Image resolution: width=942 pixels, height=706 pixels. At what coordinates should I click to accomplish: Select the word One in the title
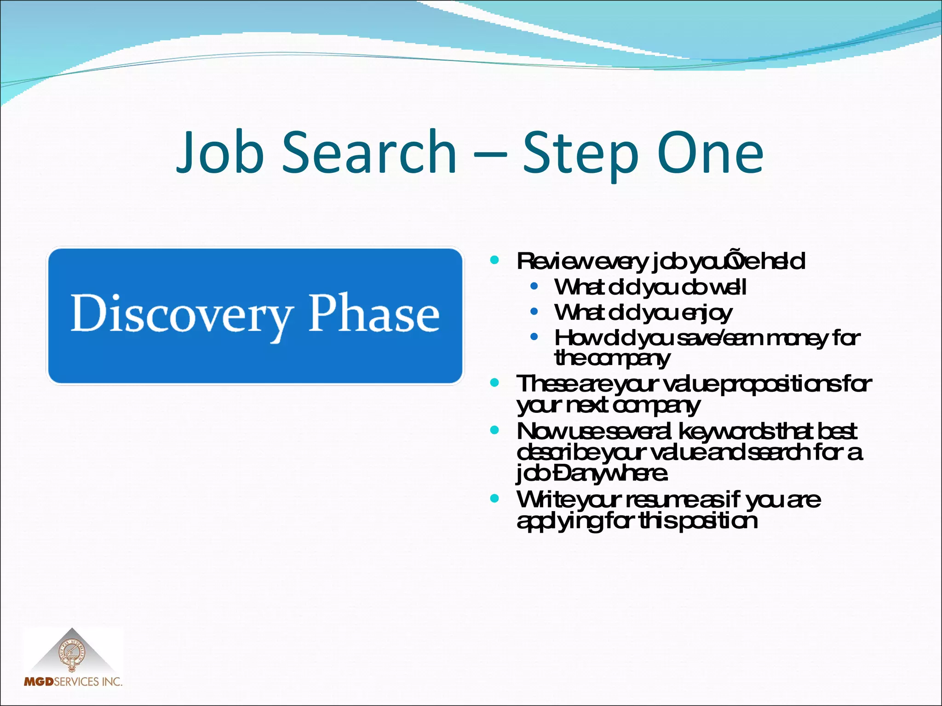[710, 153]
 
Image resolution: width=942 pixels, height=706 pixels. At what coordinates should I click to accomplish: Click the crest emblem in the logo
[72, 655]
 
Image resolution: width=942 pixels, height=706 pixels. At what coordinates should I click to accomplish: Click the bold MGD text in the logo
[39, 682]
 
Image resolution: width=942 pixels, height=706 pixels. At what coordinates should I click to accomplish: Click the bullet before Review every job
[495, 260]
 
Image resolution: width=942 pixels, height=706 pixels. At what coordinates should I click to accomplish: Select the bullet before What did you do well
[534, 286]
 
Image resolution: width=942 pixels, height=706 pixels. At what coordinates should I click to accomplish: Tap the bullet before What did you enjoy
[534, 312]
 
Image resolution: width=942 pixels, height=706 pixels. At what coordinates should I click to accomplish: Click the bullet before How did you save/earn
[534, 337]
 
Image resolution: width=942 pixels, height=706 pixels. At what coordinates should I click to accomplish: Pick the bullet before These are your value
[495, 382]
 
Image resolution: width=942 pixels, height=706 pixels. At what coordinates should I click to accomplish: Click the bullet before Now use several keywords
[495, 430]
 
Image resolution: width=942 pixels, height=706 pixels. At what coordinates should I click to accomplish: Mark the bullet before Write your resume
[495, 498]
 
